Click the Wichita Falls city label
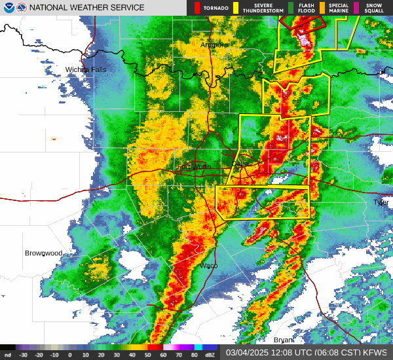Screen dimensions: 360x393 pyautogui.click(x=86, y=69)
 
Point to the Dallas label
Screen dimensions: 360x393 pyautogui.click(x=241, y=164)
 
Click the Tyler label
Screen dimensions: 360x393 pyautogui.click(x=381, y=202)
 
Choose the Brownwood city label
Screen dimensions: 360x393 pyautogui.click(x=43, y=253)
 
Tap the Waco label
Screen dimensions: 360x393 pyautogui.click(x=208, y=265)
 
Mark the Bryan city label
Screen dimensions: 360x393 pyautogui.click(x=283, y=340)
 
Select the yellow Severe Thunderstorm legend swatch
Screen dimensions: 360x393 pyautogui.click(x=236, y=8)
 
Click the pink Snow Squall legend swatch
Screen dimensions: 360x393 pyautogui.click(x=356, y=8)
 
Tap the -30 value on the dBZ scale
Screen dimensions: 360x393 pyautogui.click(x=23, y=354)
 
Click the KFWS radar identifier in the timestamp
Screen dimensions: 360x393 pyautogui.click(x=376, y=351)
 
